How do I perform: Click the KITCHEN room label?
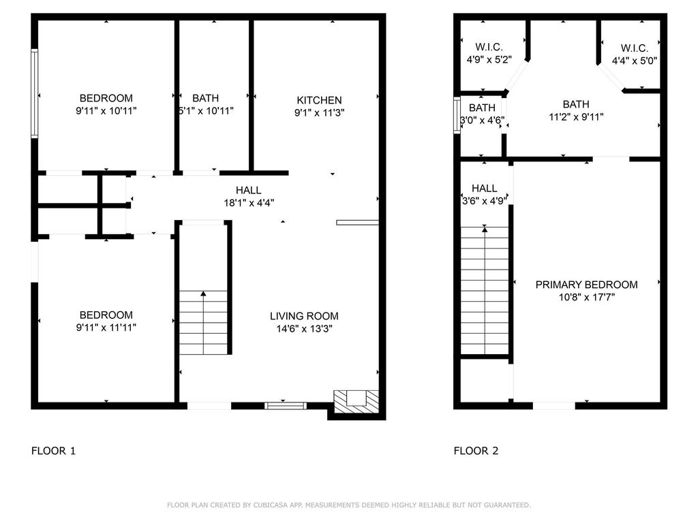point(319,100)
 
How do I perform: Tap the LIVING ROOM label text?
point(304,316)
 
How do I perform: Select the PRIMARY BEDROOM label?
point(586,285)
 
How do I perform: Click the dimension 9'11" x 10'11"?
point(106,111)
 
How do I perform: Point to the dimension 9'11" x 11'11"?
point(106,328)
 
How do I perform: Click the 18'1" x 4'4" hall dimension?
point(248,203)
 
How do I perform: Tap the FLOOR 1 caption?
point(53,451)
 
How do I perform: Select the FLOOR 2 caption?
point(476,451)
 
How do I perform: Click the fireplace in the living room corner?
point(356,402)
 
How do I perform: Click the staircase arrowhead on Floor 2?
point(485,229)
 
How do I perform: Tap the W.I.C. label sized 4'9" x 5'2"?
point(489,47)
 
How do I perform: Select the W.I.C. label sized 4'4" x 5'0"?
point(635,48)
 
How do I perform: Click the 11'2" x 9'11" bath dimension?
point(576,117)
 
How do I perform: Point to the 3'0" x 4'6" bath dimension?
point(482,121)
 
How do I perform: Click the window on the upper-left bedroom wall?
point(34,93)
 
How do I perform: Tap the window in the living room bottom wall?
point(286,406)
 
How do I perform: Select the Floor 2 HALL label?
point(485,189)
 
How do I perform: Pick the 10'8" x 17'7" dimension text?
point(587,297)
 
